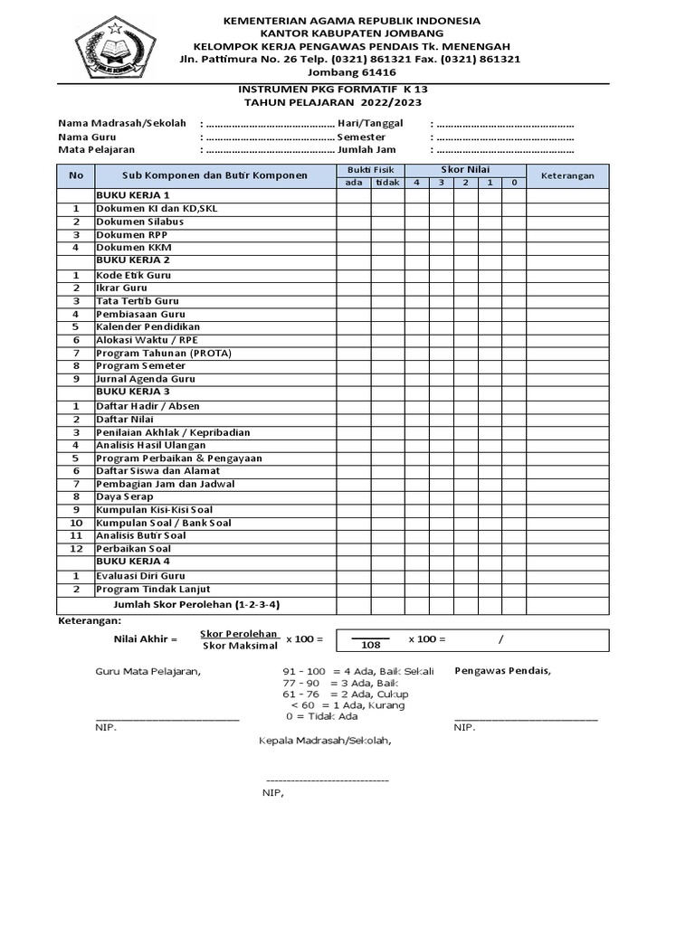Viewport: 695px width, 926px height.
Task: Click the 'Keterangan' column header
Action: coord(567,176)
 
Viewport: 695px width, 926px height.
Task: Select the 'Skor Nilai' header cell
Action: coord(464,169)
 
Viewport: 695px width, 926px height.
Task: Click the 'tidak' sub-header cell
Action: coord(387,183)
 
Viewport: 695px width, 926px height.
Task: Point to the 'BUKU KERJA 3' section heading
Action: coord(133,392)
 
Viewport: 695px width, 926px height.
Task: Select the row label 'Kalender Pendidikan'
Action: coord(148,326)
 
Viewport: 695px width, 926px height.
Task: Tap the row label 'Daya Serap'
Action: coord(125,496)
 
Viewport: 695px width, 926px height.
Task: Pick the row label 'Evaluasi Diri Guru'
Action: coord(140,576)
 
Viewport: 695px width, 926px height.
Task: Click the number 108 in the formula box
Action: coord(371,646)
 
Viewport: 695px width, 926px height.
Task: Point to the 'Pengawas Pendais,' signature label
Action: coord(502,670)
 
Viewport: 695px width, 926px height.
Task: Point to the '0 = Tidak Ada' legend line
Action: coord(321,716)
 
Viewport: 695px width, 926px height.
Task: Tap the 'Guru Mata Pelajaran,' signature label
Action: coord(148,671)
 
